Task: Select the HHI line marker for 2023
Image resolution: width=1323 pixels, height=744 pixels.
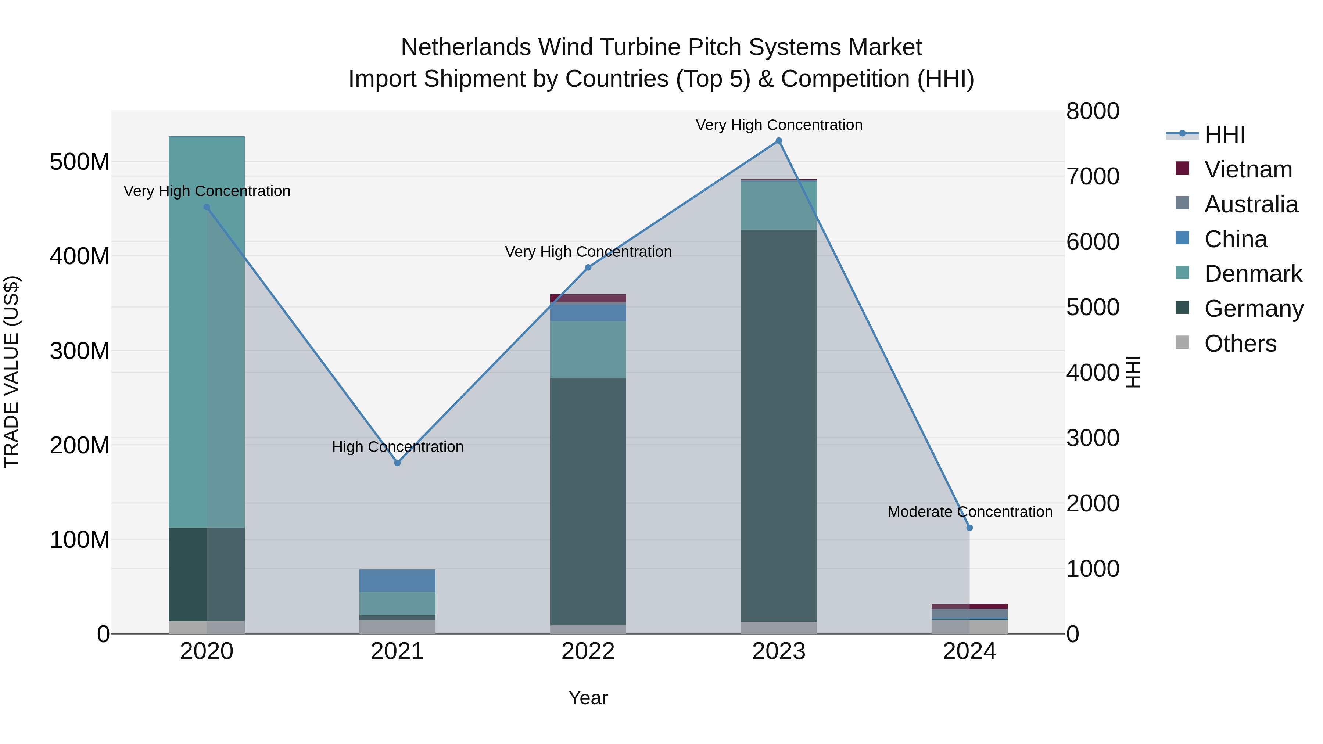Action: point(779,141)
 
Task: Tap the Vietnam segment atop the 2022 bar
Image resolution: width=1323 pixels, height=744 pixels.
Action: point(588,298)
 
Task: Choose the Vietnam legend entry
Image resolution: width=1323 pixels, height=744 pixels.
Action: point(1248,169)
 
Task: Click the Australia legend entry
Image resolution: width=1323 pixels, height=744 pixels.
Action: point(1251,204)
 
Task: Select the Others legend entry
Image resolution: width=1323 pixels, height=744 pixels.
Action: point(1240,343)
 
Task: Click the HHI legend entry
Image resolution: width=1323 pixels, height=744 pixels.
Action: point(1225,134)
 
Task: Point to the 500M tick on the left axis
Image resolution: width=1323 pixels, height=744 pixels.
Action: point(80,162)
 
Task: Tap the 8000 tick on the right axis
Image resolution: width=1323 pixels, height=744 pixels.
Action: point(1093,111)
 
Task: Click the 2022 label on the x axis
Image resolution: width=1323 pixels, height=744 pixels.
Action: point(588,651)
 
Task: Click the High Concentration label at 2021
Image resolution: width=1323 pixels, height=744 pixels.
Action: point(398,447)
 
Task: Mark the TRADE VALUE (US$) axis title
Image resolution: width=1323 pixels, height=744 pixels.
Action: point(11,372)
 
